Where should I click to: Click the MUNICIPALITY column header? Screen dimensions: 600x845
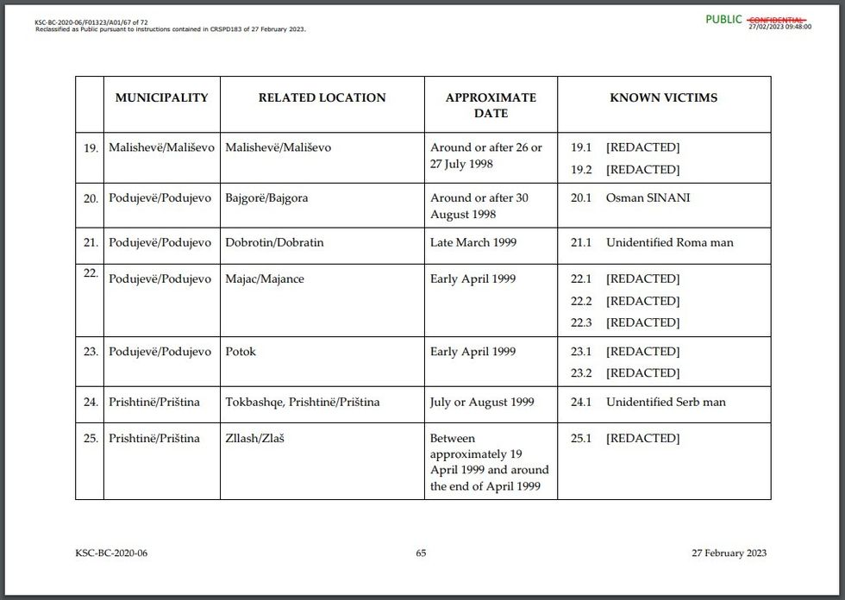click(x=161, y=97)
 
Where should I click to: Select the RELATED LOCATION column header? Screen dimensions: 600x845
click(x=322, y=97)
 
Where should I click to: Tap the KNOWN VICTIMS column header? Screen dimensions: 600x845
click(x=663, y=97)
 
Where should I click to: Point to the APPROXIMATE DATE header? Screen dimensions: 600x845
click(x=491, y=105)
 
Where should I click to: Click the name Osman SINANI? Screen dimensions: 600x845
click(x=648, y=197)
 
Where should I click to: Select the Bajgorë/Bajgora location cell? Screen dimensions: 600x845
click(x=266, y=197)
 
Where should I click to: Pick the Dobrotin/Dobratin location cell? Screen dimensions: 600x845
click(x=274, y=242)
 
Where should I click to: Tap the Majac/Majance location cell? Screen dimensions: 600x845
click(x=265, y=278)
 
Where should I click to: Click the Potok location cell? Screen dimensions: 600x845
click(x=241, y=351)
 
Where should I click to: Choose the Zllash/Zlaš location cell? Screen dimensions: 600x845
click(x=254, y=438)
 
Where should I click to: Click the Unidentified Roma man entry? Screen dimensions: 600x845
click(x=669, y=242)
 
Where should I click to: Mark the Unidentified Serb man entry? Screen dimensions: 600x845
click(x=666, y=402)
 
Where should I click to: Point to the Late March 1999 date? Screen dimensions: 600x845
click(x=473, y=242)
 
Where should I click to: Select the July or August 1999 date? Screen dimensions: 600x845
click(x=482, y=402)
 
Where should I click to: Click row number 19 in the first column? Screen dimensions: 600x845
click(x=91, y=148)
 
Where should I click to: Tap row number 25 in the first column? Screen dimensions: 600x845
click(x=91, y=439)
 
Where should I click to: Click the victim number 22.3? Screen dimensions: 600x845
click(x=581, y=322)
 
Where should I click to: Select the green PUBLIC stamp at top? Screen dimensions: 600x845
click(x=723, y=19)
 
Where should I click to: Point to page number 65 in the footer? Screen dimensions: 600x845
click(x=421, y=553)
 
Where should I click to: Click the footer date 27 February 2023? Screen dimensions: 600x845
click(x=729, y=553)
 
